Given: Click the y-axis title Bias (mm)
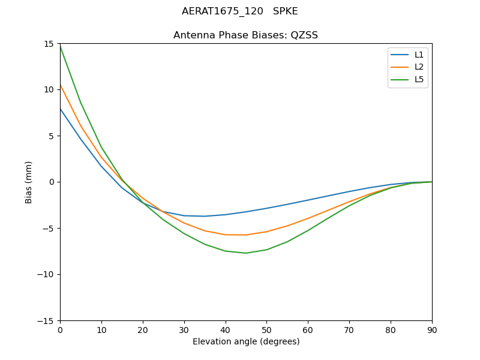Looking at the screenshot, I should tap(29, 182).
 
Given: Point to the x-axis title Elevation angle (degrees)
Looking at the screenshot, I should tap(246, 342).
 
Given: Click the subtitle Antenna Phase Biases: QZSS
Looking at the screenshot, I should tap(246, 35).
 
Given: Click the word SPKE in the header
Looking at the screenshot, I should tap(286, 11).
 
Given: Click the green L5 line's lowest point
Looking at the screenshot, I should tap(246, 253).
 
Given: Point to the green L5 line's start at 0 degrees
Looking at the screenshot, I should tap(60, 46).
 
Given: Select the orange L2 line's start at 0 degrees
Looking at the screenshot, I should tap(60, 85).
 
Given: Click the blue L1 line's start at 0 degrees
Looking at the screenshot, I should tap(60, 109).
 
